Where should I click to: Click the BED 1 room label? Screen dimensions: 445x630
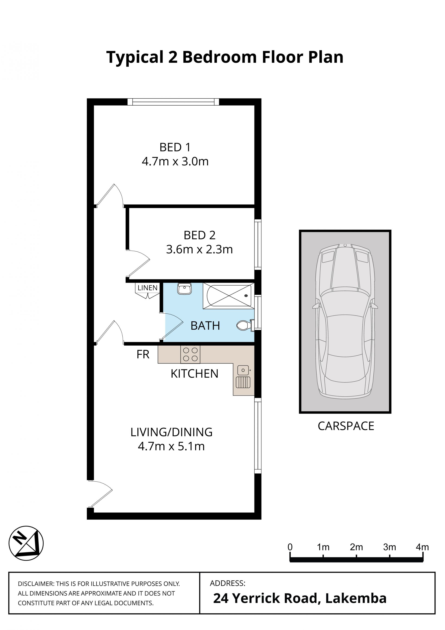(x=175, y=147)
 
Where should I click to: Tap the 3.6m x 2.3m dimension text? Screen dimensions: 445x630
(x=199, y=249)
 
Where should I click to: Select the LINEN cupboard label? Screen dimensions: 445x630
(x=147, y=288)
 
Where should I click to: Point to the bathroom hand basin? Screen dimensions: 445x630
(x=184, y=289)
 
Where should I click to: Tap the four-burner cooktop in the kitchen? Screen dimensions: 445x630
(x=190, y=354)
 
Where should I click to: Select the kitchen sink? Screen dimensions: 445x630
(x=243, y=377)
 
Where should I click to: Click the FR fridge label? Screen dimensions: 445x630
(x=143, y=354)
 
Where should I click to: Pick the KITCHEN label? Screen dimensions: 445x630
(x=194, y=374)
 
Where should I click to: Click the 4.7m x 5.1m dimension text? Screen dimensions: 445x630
(x=171, y=447)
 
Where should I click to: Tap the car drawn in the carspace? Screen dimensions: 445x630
(x=345, y=321)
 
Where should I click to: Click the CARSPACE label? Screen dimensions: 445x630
(x=346, y=426)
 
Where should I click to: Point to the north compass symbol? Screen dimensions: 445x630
(x=26, y=543)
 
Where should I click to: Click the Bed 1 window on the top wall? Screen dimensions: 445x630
(x=173, y=102)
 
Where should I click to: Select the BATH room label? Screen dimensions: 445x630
(x=205, y=326)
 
